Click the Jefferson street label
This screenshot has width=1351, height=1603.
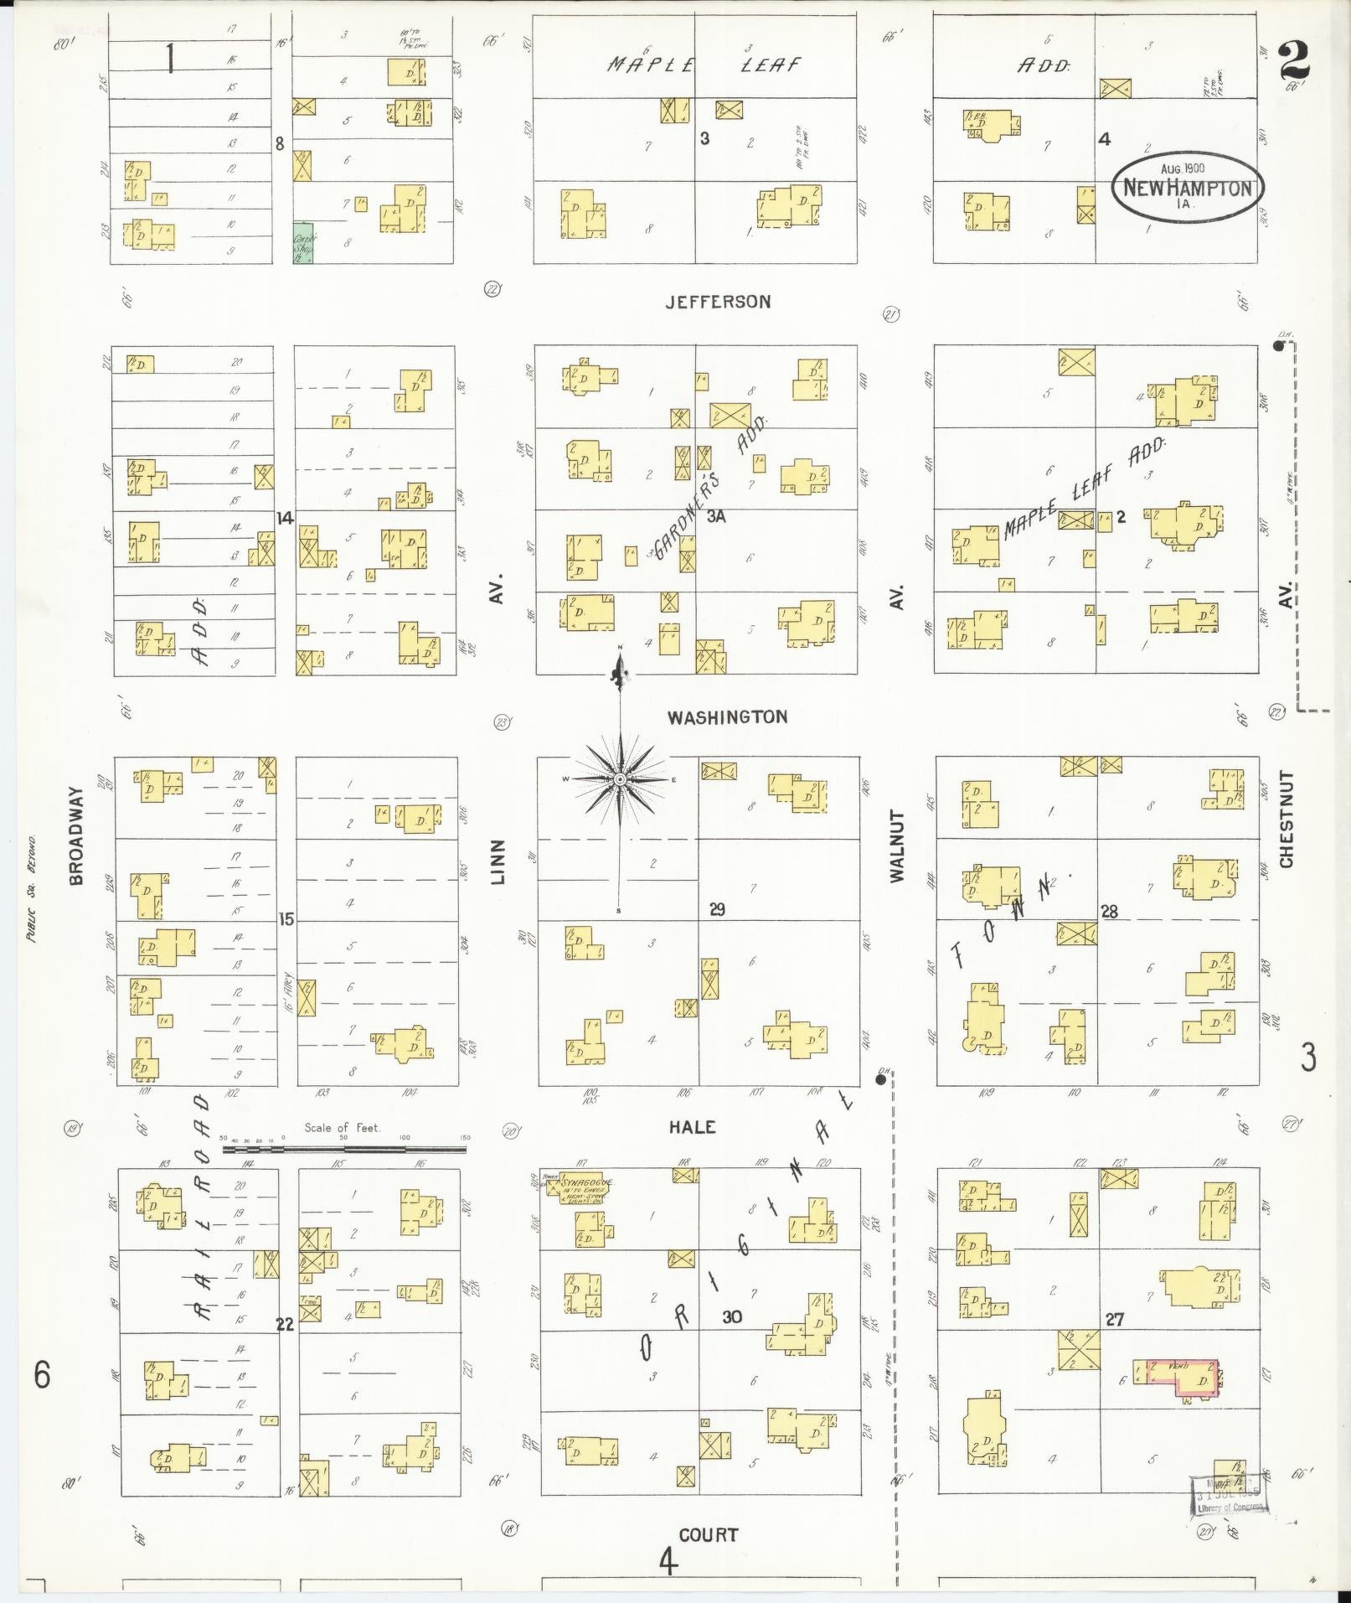[x=718, y=302]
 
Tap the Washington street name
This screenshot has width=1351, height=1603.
[x=727, y=717]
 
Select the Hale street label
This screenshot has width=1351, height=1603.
[x=693, y=1127]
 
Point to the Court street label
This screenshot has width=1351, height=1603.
[x=709, y=1535]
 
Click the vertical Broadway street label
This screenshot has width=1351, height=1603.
[x=76, y=835]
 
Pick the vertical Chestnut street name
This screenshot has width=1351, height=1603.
[x=1287, y=820]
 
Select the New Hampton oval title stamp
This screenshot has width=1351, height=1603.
[x=1188, y=186]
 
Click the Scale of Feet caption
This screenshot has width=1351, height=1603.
[x=343, y=1128]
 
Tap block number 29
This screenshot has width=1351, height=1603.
[x=717, y=909]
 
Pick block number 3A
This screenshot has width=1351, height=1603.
[x=715, y=517]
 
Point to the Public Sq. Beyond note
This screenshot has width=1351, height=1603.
[x=31, y=888]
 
